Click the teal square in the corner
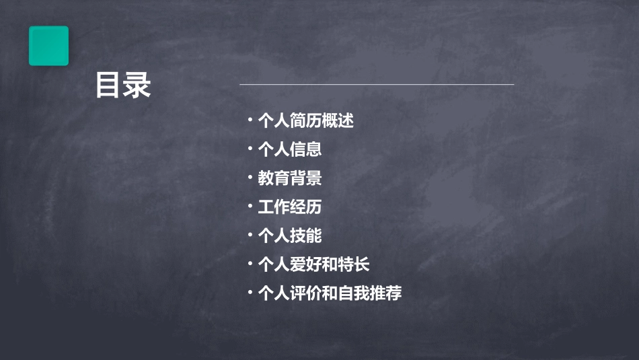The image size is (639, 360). pos(48,46)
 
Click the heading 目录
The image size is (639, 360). pos(123,85)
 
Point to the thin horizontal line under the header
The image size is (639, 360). pos(377,85)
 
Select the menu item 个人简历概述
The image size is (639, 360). pos(305,121)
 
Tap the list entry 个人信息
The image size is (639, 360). pos(289,149)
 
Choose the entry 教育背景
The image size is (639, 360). pos(289,178)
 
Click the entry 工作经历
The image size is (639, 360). pos(289,207)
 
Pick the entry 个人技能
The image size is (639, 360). pos(289,236)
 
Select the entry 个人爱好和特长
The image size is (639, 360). pos(313,264)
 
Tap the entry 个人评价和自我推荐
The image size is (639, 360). pos(330,293)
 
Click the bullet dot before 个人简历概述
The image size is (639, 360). pos(250,120)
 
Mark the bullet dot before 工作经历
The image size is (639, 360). pos(250,206)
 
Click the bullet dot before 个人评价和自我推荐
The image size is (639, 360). pos(250,292)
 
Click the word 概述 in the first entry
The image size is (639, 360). pos(338,121)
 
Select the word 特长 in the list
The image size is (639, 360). pos(354,264)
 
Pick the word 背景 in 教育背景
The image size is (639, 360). pos(305,178)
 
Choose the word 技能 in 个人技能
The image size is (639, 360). pos(305,236)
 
